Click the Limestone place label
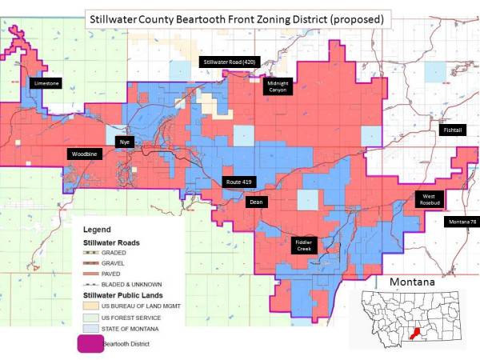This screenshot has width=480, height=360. pyautogui.click(x=45, y=82)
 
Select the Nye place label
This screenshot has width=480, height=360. pyautogui.click(x=124, y=142)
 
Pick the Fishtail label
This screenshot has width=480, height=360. pyautogui.click(x=452, y=129)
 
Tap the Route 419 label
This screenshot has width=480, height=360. pyautogui.click(x=238, y=182)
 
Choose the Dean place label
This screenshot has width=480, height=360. pyautogui.click(x=256, y=202)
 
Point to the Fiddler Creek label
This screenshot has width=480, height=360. pyautogui.click(x=304, y=245)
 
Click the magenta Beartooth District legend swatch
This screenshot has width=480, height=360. pyautogui.click(x=91, y=346)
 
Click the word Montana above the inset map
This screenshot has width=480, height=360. pyautogui.click(x=412, y=283)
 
